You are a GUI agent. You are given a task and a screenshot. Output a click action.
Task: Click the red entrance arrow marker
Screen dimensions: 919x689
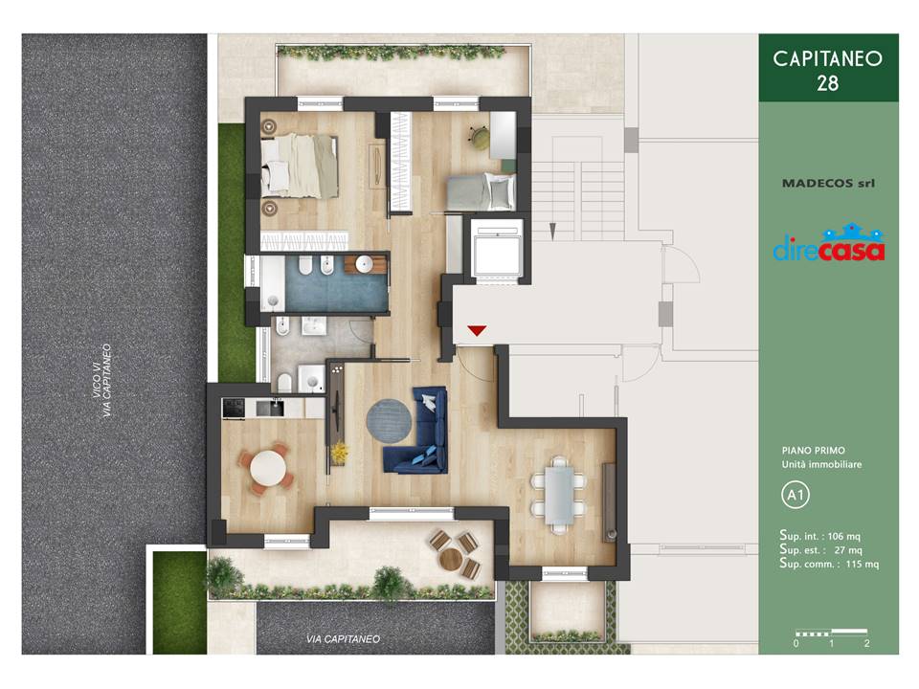click(x=477, y=330)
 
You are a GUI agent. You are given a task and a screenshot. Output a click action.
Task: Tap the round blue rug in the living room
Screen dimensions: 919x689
click(x=389, y=421)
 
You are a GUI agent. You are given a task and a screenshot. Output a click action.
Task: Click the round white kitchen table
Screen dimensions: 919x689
click(x=268, y=468)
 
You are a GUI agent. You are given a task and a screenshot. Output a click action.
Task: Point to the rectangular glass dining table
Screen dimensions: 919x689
click(x=559, y=495)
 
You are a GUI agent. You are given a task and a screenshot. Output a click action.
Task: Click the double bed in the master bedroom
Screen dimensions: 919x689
click(x=300, y=167)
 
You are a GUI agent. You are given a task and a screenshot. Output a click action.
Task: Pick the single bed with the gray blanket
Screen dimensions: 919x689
click(x=482, y=191)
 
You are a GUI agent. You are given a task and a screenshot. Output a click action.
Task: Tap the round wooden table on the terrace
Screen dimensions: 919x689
click(x=451, y=559)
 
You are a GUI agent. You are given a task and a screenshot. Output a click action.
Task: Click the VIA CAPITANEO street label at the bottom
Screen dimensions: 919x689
click(x=343, y=638)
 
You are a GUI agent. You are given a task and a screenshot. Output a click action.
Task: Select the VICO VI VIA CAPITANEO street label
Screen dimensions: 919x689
click(x=101, y=380)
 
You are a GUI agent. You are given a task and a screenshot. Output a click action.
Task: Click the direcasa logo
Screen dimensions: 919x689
click(x=829, y=243)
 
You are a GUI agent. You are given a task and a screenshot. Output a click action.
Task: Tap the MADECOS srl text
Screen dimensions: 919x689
click(x=828, y=183)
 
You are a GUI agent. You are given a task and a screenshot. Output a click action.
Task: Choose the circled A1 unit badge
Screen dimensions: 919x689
click(x=796, y=495)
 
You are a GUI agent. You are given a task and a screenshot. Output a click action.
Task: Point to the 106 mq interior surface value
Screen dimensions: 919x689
click(x=843, y=536)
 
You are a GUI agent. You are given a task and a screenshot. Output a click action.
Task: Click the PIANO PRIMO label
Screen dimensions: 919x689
click(x=813, y=450)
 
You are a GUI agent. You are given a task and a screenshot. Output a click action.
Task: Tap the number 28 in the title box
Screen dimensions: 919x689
click(x=827, y=83)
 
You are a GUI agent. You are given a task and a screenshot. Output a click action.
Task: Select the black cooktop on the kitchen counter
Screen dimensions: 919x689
click(x=234, y=408)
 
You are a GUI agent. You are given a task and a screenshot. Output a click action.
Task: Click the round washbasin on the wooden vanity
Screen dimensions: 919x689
click(x=364, y=265)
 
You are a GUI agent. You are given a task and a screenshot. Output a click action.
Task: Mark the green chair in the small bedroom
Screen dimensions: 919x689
click(x=480, y=137)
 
